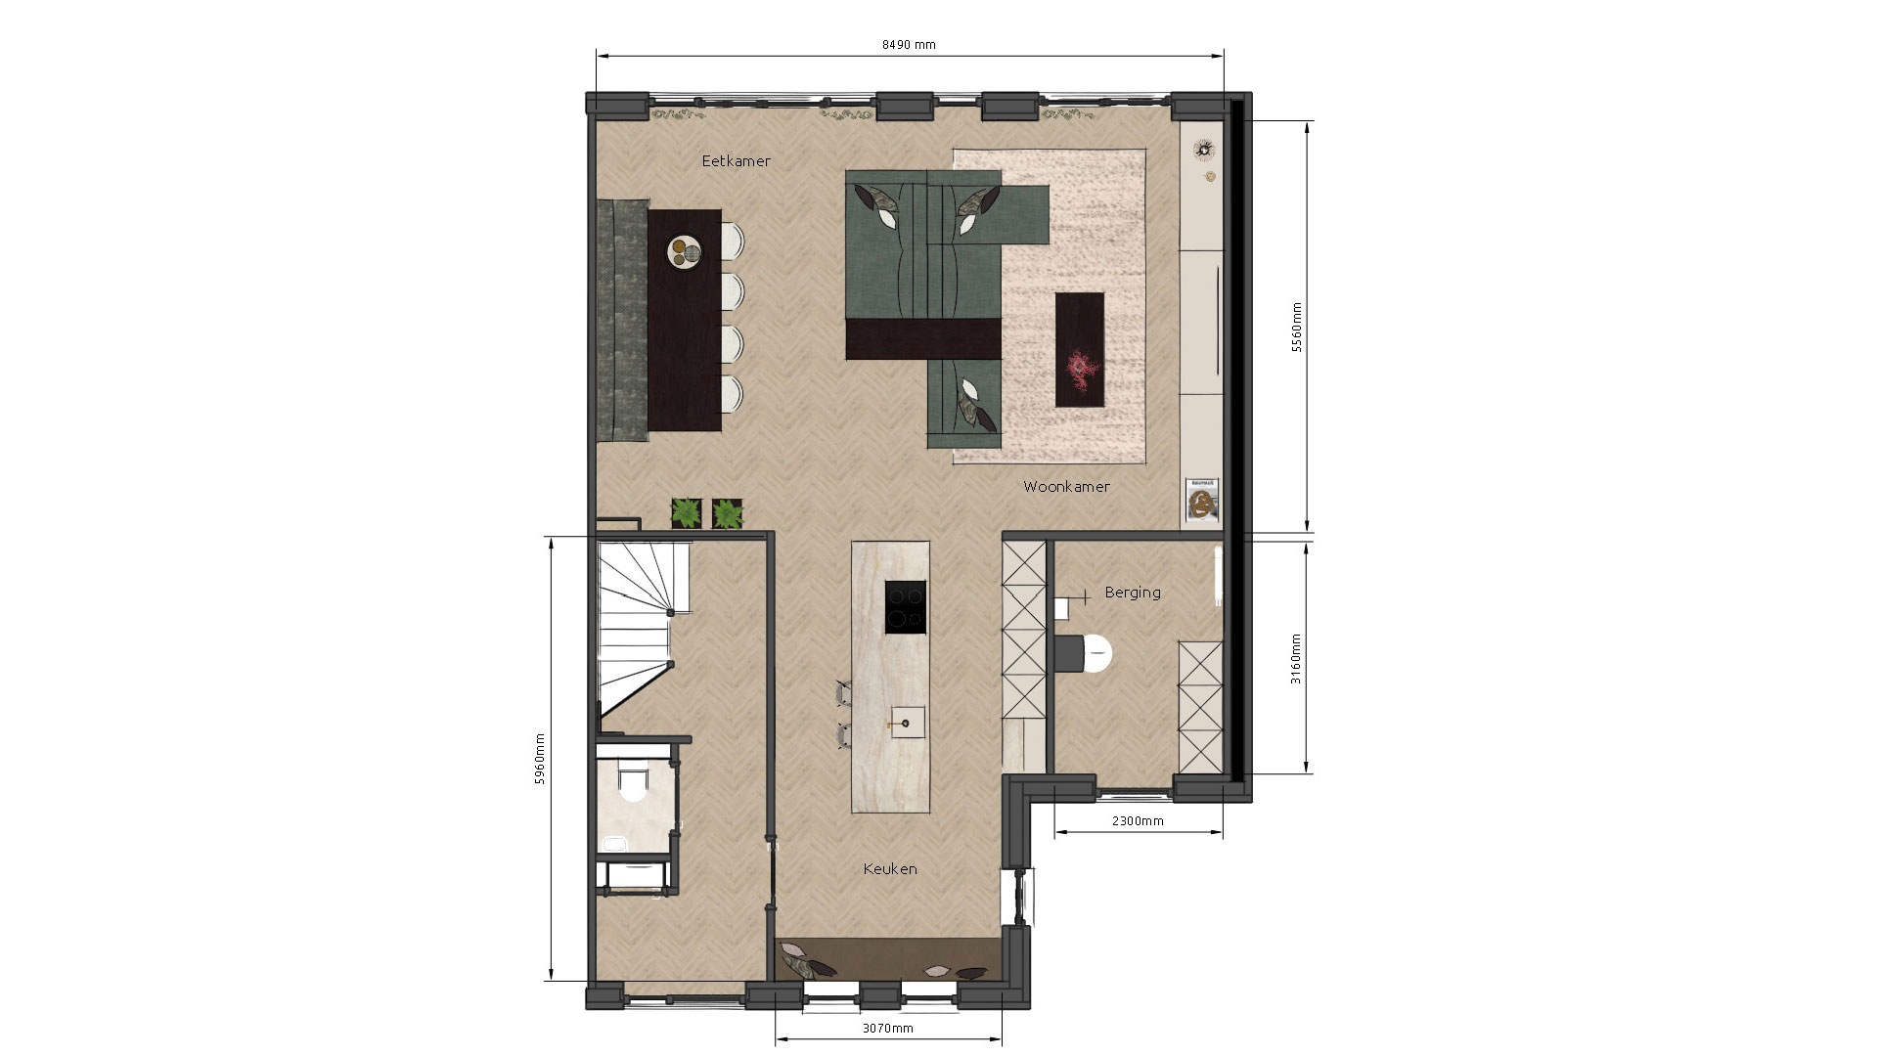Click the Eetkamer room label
736,161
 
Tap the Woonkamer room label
1066,486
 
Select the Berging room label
1133,593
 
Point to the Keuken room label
890,868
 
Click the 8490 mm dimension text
909,45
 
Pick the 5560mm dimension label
1297,328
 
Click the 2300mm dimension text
1138,821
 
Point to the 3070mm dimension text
888,1028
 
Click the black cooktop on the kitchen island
905,607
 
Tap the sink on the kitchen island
908,723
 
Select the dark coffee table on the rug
1080,350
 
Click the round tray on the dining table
686,252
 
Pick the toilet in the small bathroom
633,782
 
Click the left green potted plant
687,512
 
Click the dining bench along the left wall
622,320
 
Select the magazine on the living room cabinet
1202,499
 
